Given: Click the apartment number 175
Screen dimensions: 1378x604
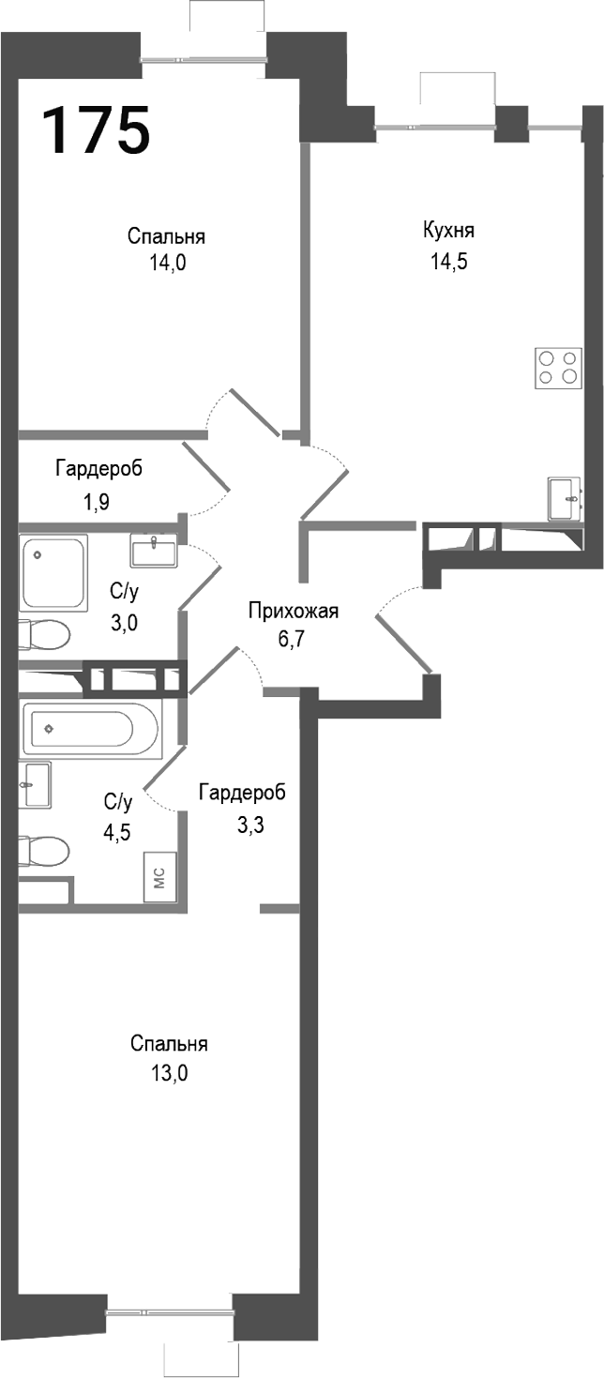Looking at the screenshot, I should pos(96,129).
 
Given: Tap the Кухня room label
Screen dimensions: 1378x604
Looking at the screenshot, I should pos(448,231).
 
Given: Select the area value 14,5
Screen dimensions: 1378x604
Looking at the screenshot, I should pos(448,262).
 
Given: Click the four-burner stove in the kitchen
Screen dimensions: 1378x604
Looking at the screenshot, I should pos(557,367).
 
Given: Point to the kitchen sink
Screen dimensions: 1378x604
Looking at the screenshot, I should pos(566,497).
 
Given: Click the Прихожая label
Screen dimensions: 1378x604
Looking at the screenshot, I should pos(293,612).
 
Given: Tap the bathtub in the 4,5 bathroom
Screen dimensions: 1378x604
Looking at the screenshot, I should pos(91,728).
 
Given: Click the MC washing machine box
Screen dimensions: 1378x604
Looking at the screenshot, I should pos(159,877).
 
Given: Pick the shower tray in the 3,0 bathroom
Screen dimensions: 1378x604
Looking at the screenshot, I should pos(53,571).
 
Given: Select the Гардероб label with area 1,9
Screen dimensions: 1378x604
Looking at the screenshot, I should pos(98,468).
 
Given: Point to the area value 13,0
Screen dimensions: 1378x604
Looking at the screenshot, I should pos(169,1074).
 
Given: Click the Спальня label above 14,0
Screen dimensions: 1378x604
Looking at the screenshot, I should pos(167,236).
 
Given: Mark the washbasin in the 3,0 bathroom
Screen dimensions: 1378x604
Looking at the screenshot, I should pos(154,550).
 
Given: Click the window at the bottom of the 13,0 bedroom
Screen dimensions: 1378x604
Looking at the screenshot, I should pos(170,1312).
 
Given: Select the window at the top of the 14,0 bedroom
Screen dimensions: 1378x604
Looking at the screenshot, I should pos(204,59).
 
